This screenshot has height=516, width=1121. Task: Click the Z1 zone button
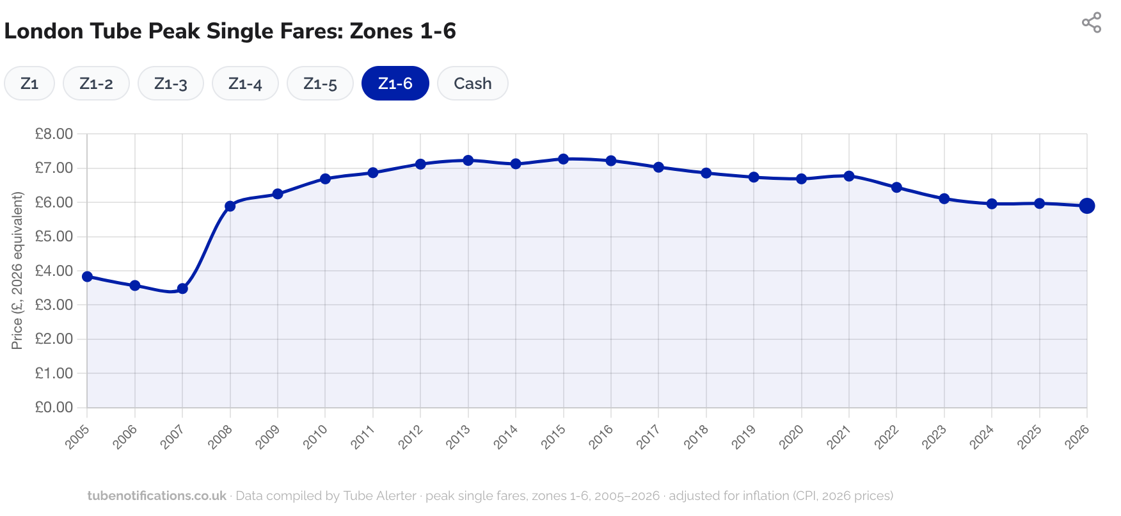click(29, 84)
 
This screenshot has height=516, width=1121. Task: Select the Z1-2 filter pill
click(96, 84)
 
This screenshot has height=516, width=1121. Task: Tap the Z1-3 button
click(170, 84)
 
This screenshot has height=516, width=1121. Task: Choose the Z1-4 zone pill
click(245, 84)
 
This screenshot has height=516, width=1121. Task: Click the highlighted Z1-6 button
click(395, 84)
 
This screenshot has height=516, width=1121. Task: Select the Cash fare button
click(472, 84)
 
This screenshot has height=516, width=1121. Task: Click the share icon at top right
click(1091, 23)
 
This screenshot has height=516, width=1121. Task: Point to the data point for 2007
click(182, 289)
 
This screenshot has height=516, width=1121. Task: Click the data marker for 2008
click(230, 206)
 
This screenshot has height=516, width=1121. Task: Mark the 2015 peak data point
click(563, 159)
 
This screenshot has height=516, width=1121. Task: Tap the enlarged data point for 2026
click(1086, 206)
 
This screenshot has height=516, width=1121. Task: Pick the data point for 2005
click(87, 277)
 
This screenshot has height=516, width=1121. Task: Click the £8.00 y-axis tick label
click(54, 134)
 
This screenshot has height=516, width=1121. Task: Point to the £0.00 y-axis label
click(54, 407)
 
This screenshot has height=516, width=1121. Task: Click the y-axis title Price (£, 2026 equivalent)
click(17, 270)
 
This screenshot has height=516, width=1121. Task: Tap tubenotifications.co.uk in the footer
click(157, 496)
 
